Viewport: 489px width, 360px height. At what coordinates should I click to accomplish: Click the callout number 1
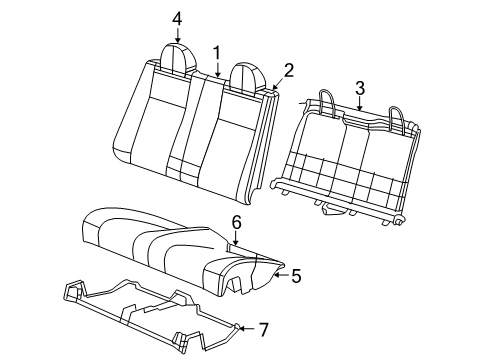[x=215, y=51]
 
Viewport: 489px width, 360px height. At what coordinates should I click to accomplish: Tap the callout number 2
[x=288, y=69]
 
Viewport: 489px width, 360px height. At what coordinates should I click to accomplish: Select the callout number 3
[x=358, y=87]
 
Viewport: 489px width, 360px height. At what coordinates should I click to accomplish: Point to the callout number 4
[x=177, y=18]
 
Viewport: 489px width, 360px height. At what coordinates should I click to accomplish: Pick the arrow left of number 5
[x=279, y=273]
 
